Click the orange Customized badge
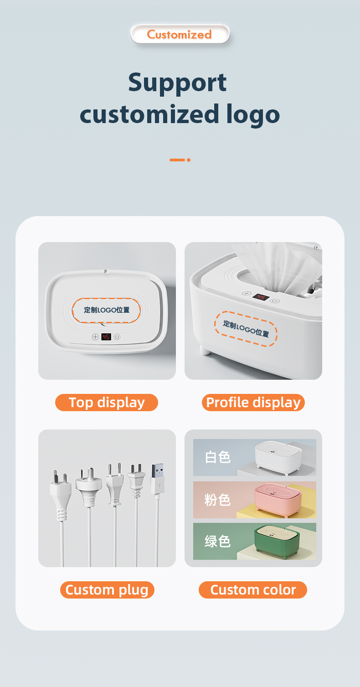180,34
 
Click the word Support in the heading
177,83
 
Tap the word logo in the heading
253,114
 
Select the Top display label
107,403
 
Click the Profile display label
253,403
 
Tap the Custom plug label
107,590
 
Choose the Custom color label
253,590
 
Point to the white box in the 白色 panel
278,457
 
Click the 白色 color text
218,457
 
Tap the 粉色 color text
218,500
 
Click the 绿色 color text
218,542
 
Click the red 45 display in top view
106,337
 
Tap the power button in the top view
117,337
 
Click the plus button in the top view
95,337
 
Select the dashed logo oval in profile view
246,329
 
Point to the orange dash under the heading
178,160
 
